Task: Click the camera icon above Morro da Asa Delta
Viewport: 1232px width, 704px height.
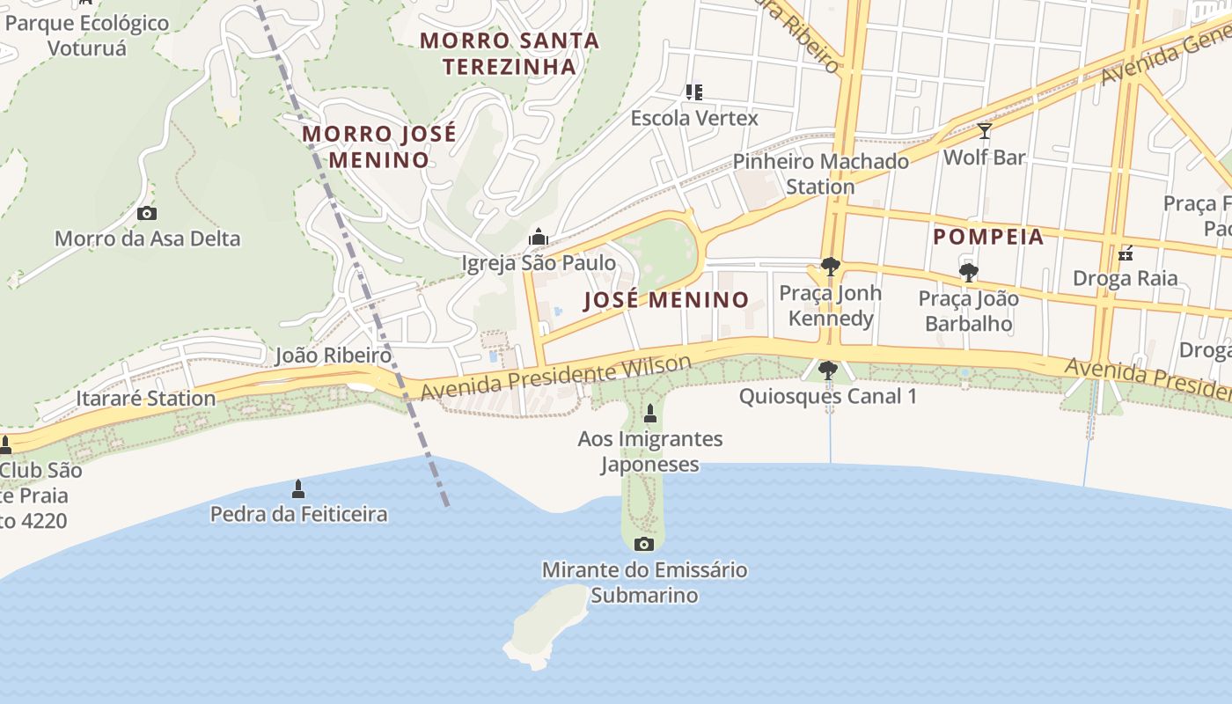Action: [147, 213]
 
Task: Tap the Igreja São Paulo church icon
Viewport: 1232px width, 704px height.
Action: [538, 237]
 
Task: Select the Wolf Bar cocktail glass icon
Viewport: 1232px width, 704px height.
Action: [984, 131]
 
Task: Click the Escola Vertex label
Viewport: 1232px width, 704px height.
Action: [693, 118]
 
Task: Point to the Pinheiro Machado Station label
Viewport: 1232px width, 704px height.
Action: [820, 173]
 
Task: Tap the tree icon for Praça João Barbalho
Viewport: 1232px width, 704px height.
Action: [968, 273]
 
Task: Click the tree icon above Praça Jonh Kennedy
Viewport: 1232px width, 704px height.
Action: [829, 267]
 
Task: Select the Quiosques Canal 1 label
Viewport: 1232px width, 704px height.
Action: [827, 396]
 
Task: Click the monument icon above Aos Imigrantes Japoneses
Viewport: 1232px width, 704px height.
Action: [650, 413]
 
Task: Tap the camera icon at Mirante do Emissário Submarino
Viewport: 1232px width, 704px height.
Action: [644, 544]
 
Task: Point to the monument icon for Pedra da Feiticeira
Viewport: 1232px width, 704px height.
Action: [298, 488]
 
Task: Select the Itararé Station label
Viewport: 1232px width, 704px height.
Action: [145, 398]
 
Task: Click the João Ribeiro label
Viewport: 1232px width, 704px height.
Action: [333, 356]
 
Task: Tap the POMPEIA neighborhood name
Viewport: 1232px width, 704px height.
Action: [988, 236]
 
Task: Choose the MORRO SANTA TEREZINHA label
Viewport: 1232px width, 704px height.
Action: [510, 53]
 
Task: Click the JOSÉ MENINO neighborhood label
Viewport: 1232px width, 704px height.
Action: [666, 299]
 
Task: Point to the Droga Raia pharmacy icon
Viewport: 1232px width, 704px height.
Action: [1125, 254]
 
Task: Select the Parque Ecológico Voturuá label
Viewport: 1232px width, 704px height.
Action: [87, 35]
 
